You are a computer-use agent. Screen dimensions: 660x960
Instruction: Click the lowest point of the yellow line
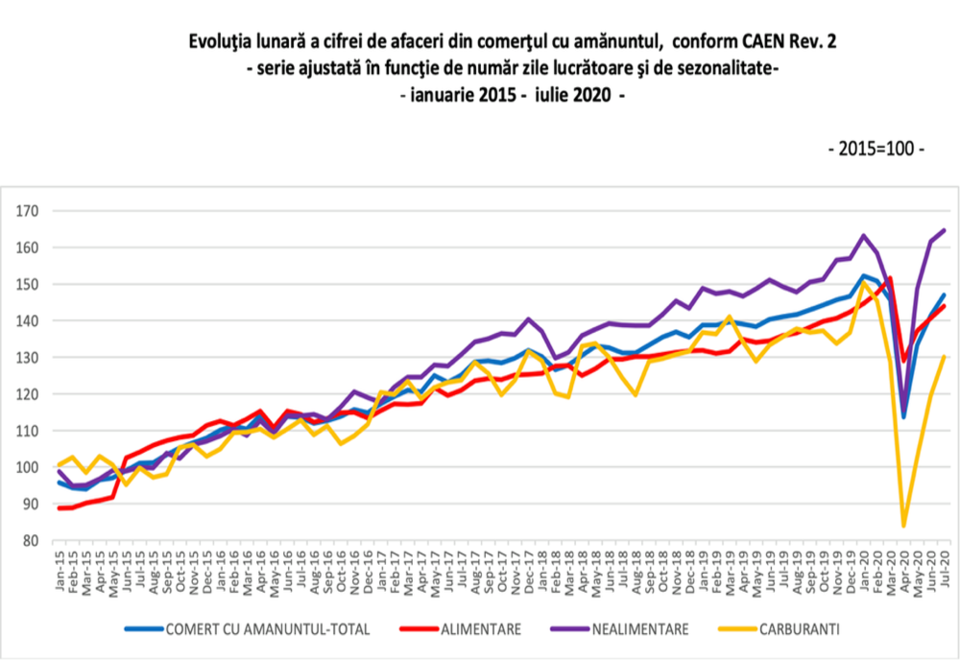903,526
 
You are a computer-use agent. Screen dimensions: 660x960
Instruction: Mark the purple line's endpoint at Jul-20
945,229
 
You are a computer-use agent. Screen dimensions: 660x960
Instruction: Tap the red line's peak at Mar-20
890,278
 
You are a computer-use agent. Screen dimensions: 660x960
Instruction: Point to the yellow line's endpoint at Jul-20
945,357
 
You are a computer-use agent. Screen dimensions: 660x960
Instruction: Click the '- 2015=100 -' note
876,151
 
